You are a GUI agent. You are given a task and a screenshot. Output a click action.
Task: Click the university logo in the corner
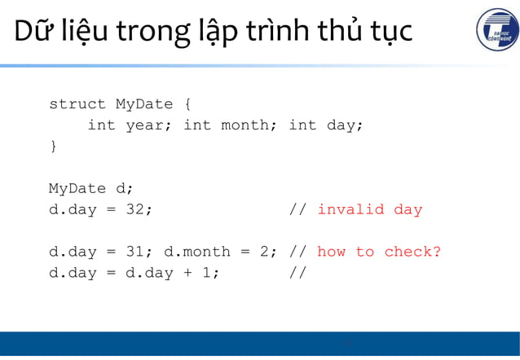click(x=496, y=31)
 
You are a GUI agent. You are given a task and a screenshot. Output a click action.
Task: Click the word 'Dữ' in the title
click(x=31, y=32)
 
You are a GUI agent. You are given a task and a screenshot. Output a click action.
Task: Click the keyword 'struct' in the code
click(x=77, y=104)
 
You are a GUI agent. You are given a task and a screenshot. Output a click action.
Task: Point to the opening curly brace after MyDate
click(x=187, y=104)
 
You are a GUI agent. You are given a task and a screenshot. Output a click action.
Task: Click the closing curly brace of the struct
click(x=54, y=147)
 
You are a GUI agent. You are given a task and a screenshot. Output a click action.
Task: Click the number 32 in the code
click(x=139, y=210)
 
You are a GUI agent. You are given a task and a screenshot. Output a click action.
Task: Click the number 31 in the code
click(x=139, y=252)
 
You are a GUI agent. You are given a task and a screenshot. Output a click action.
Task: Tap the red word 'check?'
click(x=412, y=252)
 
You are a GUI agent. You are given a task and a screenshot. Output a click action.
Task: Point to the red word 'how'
click(x=331, y=252)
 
